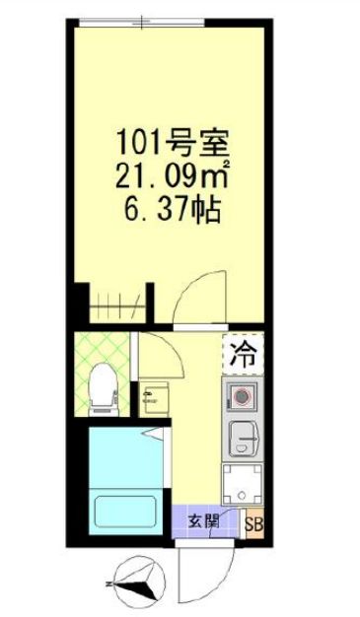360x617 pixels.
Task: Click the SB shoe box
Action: point(253,525)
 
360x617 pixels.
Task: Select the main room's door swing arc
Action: point(201,295)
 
